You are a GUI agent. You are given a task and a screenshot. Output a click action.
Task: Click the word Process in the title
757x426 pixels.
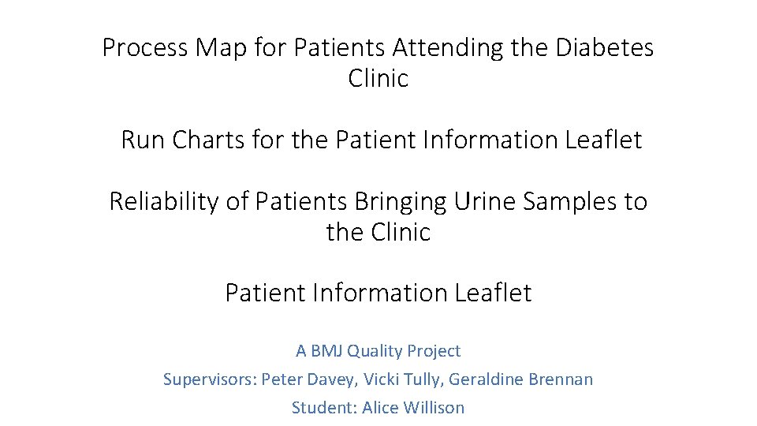[146, 48]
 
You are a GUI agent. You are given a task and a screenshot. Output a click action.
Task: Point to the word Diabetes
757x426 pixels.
[605, 48]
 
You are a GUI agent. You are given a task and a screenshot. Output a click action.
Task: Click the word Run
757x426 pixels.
[143, 140]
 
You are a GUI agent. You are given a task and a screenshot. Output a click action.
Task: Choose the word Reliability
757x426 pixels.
[164, 202]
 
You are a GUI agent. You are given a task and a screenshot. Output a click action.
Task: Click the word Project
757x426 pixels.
[434, 351]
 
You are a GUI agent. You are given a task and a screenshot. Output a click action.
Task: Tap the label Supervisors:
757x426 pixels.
[209, 379]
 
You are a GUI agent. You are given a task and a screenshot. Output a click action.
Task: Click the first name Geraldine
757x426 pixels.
[487, 379]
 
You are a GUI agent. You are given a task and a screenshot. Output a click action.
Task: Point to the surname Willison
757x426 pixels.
[434, 408]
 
